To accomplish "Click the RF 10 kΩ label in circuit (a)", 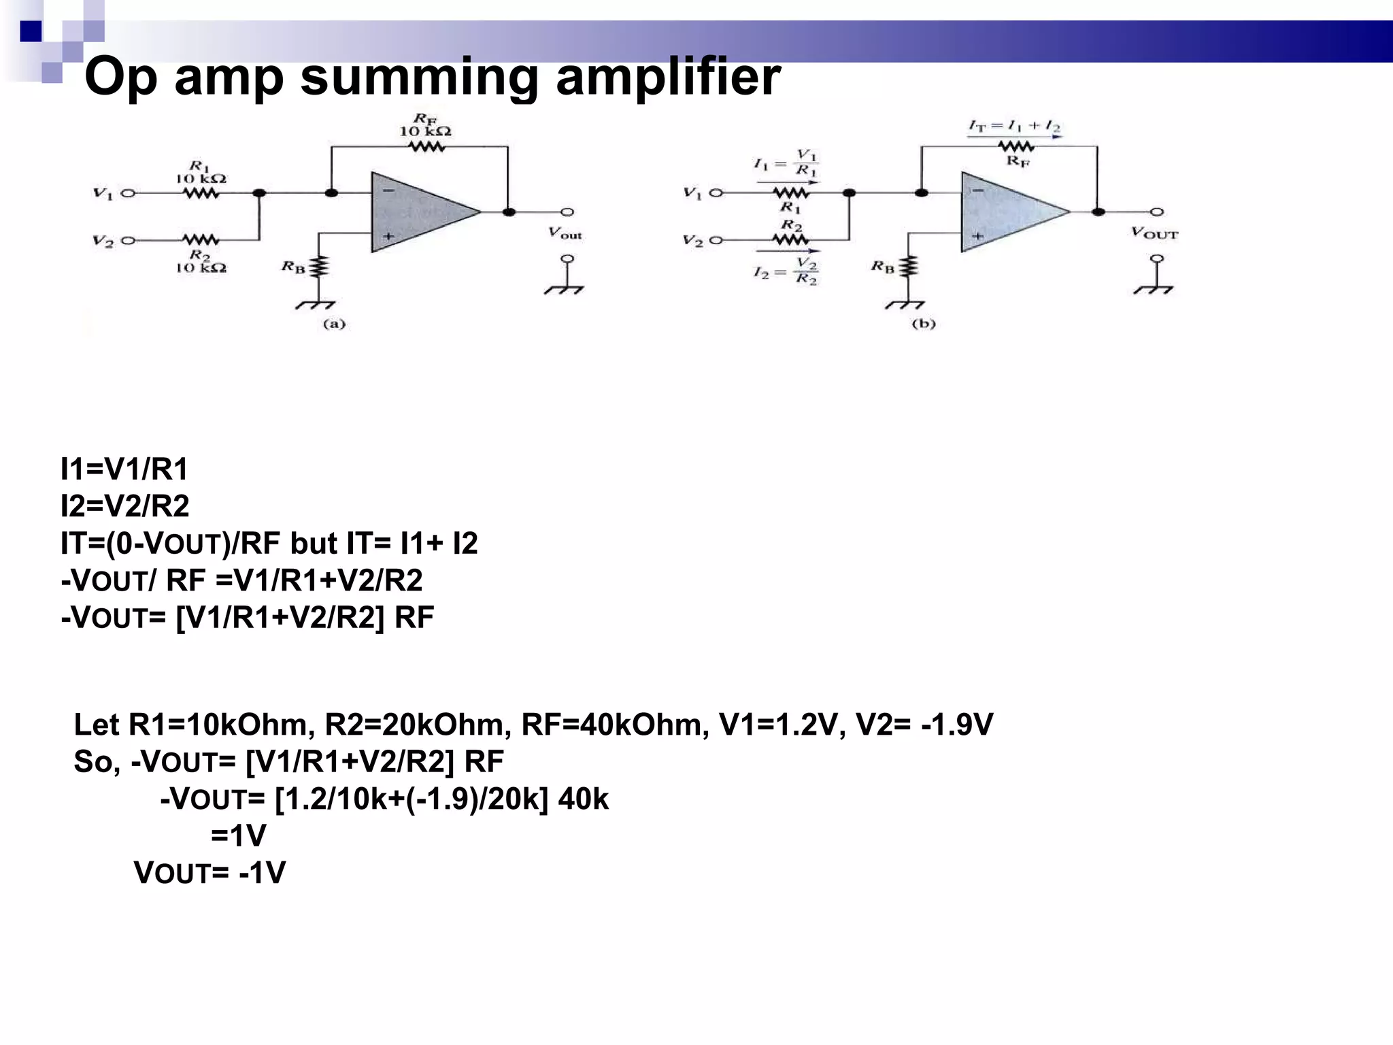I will pos(424,126).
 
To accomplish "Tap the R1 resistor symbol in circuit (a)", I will pos(201,193).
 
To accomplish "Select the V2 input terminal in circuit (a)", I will pos(128,241).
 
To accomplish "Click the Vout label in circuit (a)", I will pos(565,233).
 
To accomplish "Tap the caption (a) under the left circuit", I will pos(333,324).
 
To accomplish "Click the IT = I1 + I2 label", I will pos(1014,127).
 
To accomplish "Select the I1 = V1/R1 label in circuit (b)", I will pos(786,163).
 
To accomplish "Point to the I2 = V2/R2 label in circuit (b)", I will pos(786,271).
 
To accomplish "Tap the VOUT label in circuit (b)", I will pos(1155,233).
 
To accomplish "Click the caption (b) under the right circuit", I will pos(923,324).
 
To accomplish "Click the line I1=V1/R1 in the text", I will pos(124,469).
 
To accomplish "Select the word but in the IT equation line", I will pos(314,544).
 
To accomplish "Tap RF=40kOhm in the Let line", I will pos(615,725).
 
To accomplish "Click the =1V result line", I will pos(238,835).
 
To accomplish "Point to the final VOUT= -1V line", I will pos(209,873).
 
